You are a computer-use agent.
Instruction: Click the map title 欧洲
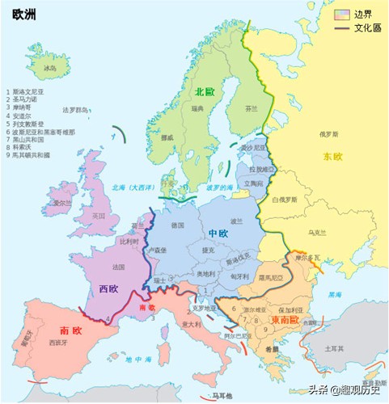23,14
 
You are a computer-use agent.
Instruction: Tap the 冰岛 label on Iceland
50,69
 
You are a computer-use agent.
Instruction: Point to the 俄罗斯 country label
328,134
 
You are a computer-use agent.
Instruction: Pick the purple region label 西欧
109,288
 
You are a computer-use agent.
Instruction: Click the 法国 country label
119,267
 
